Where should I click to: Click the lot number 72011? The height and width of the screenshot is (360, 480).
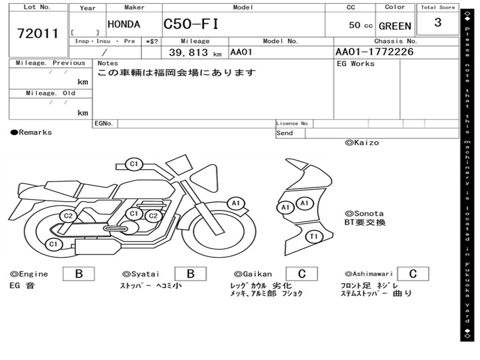tap(38, 34)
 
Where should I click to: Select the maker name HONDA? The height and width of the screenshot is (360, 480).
tap(124, 24)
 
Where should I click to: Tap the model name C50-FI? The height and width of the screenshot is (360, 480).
tap(191, 24)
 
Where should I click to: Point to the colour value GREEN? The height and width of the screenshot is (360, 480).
tap(395, 26)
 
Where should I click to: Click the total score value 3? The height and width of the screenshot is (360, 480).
tap(437, 22)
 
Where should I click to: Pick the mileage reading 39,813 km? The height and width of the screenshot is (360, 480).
tap(195, 52)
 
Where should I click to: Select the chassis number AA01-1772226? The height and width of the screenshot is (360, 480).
tap(375, 52)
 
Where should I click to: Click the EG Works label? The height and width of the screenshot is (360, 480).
tap(356, 64)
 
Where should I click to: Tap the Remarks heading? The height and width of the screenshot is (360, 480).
tap(31, 133)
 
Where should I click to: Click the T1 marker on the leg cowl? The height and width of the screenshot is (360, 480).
tap(314, 237)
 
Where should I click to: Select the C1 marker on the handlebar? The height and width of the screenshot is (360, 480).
tap(134, 164)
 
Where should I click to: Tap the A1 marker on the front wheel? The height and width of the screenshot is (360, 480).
tap(236, 203)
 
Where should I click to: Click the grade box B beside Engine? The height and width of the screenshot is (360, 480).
tap(79, 274)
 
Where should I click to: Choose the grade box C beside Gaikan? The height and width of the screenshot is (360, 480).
tap(301, 274)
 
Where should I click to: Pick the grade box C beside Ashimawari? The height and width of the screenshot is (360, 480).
tap(412, 274)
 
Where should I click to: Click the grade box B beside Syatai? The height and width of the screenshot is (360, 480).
tap(190, 274)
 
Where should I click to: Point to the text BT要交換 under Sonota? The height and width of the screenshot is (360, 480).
tap(365, 222)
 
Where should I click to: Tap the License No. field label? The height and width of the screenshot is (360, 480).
tap(292, 124)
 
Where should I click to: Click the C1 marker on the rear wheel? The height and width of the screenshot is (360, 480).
tap(53, 244)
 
